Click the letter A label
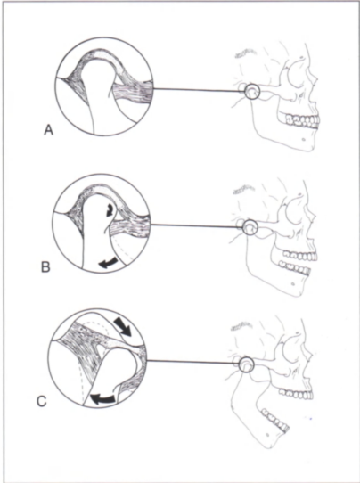tap(49, 130)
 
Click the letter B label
tap(45, 266)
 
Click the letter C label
tap(42, 401)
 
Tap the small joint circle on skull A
tap(252, 92)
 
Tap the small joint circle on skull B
tap(250, 227)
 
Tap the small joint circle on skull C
tap(246, 364)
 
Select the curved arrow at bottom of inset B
tap(108, 263)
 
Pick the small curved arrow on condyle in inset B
tap(109, 210)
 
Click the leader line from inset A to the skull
tap(199, 90)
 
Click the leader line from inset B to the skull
tap(196, 226)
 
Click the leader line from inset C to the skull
tap(192, 363)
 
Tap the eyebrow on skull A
tap(245, 53)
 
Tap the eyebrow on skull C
tap(241, 326)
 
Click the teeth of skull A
tap(303, 120)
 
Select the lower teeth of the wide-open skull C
tap(275, 418)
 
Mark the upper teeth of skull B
tap(300, 255)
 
